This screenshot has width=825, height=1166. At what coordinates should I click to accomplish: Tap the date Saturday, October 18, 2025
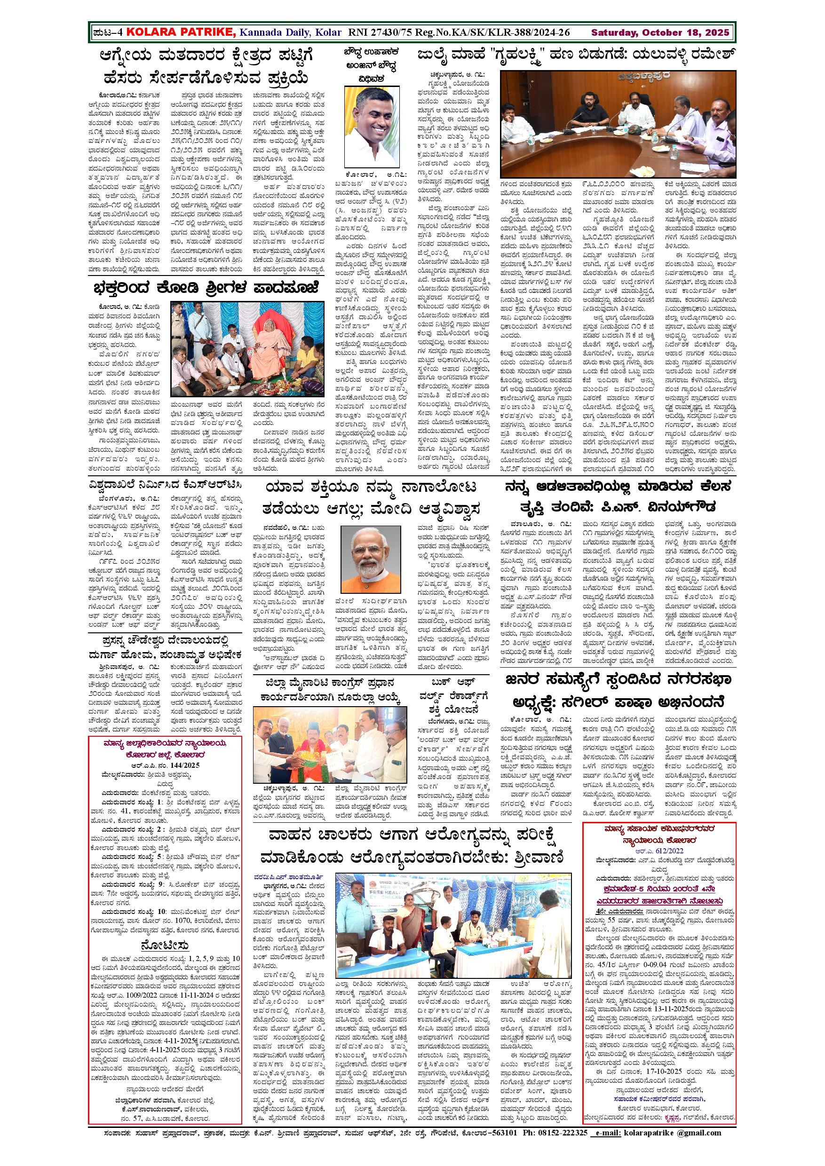click(660, 33)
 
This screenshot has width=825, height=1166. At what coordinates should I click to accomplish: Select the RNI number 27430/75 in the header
click(379, 33)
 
